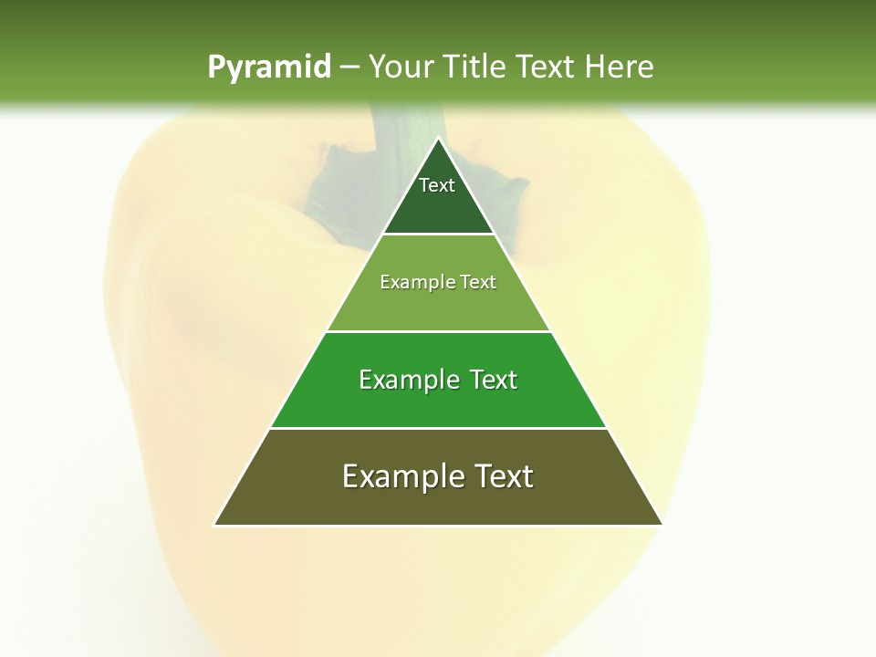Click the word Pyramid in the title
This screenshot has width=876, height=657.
coord(269,68)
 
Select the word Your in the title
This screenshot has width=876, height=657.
coord(399,68)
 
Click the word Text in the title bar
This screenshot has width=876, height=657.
coord(547,68)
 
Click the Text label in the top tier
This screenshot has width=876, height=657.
coord(437,185)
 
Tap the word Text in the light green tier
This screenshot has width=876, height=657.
coord(477,282)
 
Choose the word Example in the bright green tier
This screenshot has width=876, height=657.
coord(407,380)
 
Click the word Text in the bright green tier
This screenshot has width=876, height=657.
coord(493,380)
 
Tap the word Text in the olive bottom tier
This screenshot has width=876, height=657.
coord(503,476)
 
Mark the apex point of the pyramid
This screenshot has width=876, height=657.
coord(438,139)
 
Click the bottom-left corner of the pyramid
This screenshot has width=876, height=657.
coord(214,525)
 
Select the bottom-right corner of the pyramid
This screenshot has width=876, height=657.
coord(662,525)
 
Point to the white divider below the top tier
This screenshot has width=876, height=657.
coord(438,235)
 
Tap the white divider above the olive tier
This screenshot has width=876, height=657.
coord(438,428)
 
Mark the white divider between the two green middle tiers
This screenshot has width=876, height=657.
coord(438,331)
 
